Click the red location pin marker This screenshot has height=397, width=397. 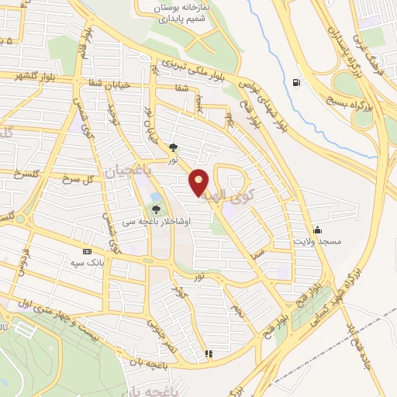tap(200, 182)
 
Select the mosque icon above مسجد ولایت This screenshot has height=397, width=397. tap(316, 230)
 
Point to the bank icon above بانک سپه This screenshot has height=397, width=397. tap(87, 251)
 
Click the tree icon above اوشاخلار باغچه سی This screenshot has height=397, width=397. tap(156, 209)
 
